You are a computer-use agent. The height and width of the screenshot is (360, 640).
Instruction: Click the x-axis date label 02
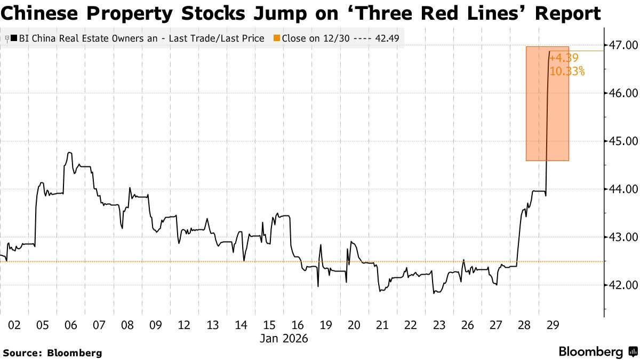pos(14,325)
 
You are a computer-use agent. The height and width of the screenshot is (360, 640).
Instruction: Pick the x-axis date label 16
pos(298,325)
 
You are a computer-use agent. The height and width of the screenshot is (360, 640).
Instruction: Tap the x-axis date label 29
pos(553,325)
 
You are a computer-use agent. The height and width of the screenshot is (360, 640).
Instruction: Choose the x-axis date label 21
pos(382,325)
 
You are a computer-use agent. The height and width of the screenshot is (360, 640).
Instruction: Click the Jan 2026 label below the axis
pos(283,338)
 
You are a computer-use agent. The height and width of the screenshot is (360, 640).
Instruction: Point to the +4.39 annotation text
pos(564,58)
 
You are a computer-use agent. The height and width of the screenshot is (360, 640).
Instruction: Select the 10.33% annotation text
pos(567,71)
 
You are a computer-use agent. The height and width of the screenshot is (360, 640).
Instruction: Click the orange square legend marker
pos(276,38)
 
